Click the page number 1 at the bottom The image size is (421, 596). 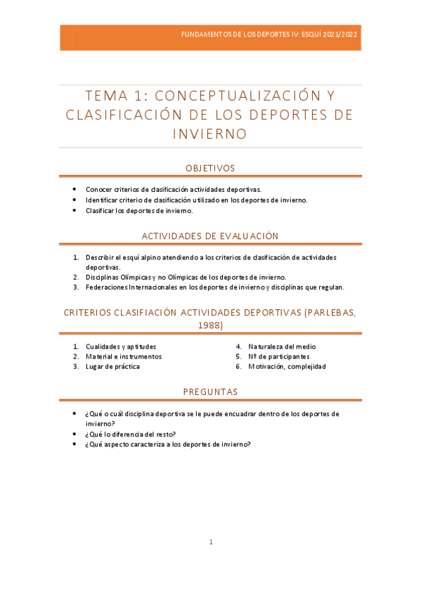point(210,542)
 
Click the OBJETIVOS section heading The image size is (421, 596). point(210,168)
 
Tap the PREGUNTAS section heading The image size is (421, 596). point(210,391)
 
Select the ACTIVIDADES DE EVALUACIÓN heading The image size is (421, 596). point(210,236)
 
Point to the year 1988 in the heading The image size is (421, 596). point(210,325)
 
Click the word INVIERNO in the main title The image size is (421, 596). point(210,134)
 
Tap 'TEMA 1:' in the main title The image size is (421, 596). point(116,96)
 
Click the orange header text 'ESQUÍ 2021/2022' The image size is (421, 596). point(328,34)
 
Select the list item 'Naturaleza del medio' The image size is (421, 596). point(282,346)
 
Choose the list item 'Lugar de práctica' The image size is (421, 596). point(112,366)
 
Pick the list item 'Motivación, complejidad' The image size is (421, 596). point(287,366)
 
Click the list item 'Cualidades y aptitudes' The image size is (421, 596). point(121,346)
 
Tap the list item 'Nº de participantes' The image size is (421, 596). point(279,356)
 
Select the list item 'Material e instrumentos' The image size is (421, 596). point(124,356)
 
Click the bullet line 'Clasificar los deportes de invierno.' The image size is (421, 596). point(139,210)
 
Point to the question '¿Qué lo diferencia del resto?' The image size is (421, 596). point(131,434)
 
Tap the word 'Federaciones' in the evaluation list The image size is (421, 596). point(107,287)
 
